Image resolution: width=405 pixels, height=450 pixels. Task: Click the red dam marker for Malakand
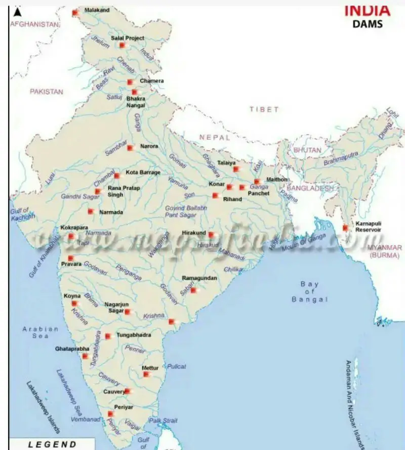click(x=75, y=12)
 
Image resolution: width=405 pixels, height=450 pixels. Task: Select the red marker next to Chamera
click(x=130, y=82)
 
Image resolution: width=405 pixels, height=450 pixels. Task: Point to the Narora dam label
click(x=149, y=146)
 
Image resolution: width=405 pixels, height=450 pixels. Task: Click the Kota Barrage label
click(x=143, y=172)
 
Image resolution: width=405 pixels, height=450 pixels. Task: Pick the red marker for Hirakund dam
click(x=211, y=234)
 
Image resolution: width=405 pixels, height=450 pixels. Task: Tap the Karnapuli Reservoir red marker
click(x=346, y=228)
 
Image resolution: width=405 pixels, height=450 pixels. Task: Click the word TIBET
click(x=264, y=109)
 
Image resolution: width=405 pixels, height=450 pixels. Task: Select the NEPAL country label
click(x=214, y=137)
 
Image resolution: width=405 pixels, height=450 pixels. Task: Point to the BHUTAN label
click(x=307, y=151)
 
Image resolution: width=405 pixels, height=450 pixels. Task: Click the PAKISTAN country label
click(x=46, y=92)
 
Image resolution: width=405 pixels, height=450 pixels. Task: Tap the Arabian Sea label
click(x=40, y=332)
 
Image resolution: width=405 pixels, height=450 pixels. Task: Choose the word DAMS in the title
click(x=368, y=24)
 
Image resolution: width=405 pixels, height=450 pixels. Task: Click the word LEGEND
click(x=52, y=444)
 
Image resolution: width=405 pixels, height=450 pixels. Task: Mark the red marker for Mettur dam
click(x=146, y=374)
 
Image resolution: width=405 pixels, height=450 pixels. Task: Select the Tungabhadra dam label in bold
click(x=134, y=335)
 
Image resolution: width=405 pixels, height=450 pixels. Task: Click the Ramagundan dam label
click(x=199, y=278)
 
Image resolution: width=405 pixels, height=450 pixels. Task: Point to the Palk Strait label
click(x=163, y=421)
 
